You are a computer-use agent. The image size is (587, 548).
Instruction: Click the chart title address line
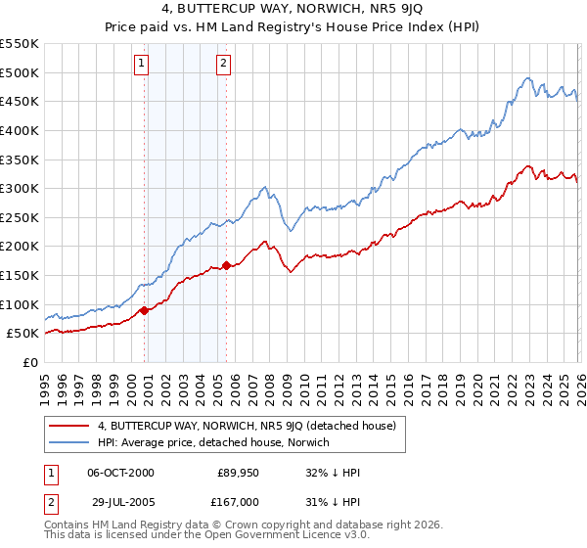coord(293,10)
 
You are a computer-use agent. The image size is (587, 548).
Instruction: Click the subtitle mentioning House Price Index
coord(293,28)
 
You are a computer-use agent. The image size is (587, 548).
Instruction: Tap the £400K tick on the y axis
coord(20,130)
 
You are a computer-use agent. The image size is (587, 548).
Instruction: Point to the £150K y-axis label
coord(20,275)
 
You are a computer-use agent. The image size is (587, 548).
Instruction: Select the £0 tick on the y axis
coord(31,362)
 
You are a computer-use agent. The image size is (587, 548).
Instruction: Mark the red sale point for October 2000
coord(144,310)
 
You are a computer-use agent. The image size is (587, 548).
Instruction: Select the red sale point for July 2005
coord(226,265)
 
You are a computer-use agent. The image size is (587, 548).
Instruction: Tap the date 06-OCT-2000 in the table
coord(120,473)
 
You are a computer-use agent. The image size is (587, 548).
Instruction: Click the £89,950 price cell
coord(238,473)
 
